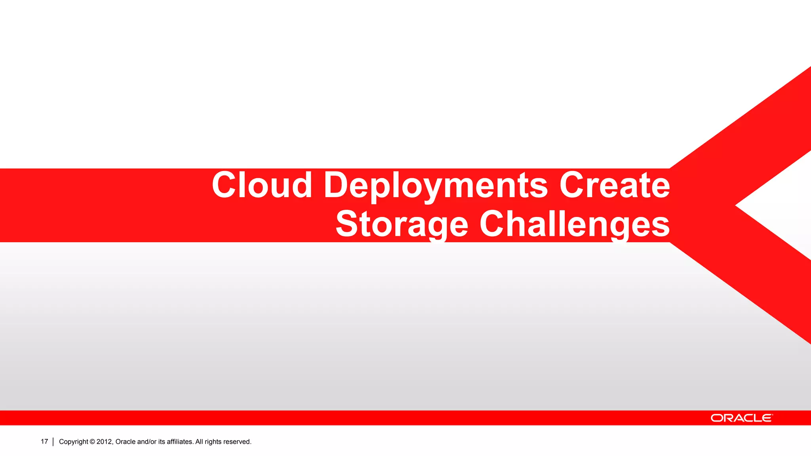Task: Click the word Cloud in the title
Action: [262, 185]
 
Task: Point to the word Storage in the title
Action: [402, 224]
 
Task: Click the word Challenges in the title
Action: [575, 224]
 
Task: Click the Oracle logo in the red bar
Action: [741, 418]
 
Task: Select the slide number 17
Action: [44, 441]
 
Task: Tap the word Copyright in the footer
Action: [73, 442]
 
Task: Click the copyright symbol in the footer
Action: [92, 442]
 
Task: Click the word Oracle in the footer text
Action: [126, 442]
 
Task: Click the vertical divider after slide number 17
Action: [53, 442]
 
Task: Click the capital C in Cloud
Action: [224, 185]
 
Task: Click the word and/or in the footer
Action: [147, 442]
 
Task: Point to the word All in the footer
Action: [199, 442]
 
